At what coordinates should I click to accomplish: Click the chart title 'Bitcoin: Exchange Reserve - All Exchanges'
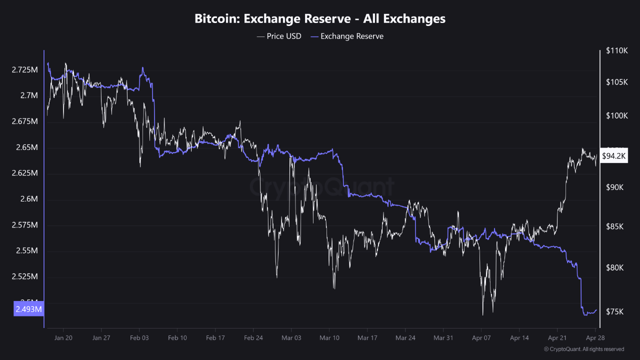pyautogui.click(x=320, y=19)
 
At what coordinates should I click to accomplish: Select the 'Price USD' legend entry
pyautogui.click(x=279, y=36)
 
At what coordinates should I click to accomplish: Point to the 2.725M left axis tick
pyautogui.click(x=24, y=69)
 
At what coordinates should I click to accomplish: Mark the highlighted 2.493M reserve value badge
pyautogui.click(x=28, y=309)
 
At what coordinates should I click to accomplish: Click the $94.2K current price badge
pyautogui.click(x=613, y=156)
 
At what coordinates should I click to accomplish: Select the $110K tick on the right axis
pyautogui.click(x=616, y=50)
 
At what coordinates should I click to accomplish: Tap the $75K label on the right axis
pyautogui.click(x=614, y=311)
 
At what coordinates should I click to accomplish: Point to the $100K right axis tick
pyautogui.click(x=616, y=115)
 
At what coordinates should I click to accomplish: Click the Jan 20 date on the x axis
pyautogui.click(x=63, y=338)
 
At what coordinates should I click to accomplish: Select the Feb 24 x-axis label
pyautogui.click(x=253, y=338)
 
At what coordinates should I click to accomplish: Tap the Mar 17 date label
pyautogui.click(x=367, y=338)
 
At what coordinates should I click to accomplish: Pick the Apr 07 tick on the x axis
pyautogui.click(x=481, y=338)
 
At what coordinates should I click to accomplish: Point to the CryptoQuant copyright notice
pyautogui.click(x=583, y=349)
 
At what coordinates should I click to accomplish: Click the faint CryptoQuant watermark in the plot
pyautogui.click(x=321, y=187)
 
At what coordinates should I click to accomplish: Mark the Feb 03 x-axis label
pyautogui.click(x=139, y=338)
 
